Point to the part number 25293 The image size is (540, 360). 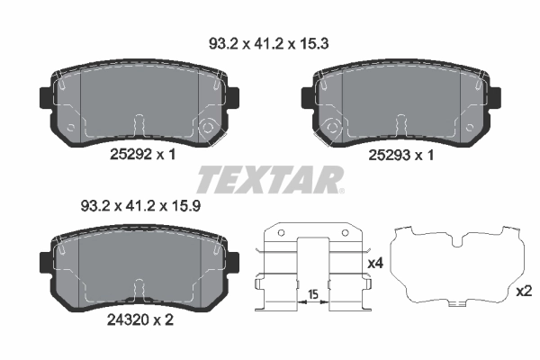coord(390,156)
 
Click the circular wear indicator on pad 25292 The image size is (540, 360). coord(208,127)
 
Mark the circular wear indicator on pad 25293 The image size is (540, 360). coord(332,127)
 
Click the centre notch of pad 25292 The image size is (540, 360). coord(138,124)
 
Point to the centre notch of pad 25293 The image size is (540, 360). coord(402,124)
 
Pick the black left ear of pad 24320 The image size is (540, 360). coord(43,260)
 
